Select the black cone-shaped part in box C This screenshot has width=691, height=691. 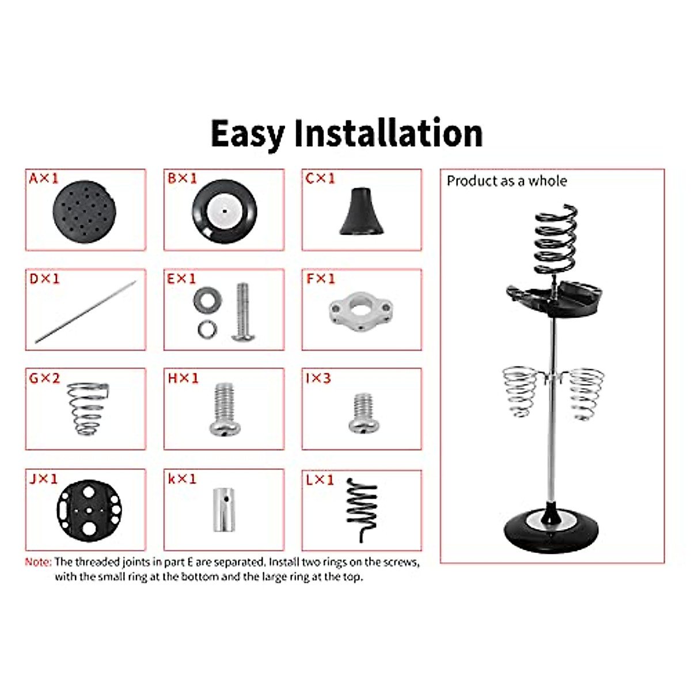(361, 212)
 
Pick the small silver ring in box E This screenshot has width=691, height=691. (207, 329)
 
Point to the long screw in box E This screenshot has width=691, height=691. (242, 312)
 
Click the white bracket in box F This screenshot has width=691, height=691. (360, 312)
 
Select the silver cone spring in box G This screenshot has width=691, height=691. (87, 408)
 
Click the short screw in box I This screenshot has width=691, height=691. (363, 413)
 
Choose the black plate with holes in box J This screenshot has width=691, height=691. (89, 510)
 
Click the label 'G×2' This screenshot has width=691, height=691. (44, 378)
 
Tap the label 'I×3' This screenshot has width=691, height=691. (318, 378)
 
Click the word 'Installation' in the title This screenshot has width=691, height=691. (388, 134)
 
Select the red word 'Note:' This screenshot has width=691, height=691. (38, 562)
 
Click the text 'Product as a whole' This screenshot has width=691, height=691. (507, 181)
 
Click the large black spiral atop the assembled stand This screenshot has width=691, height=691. (555, 240)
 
